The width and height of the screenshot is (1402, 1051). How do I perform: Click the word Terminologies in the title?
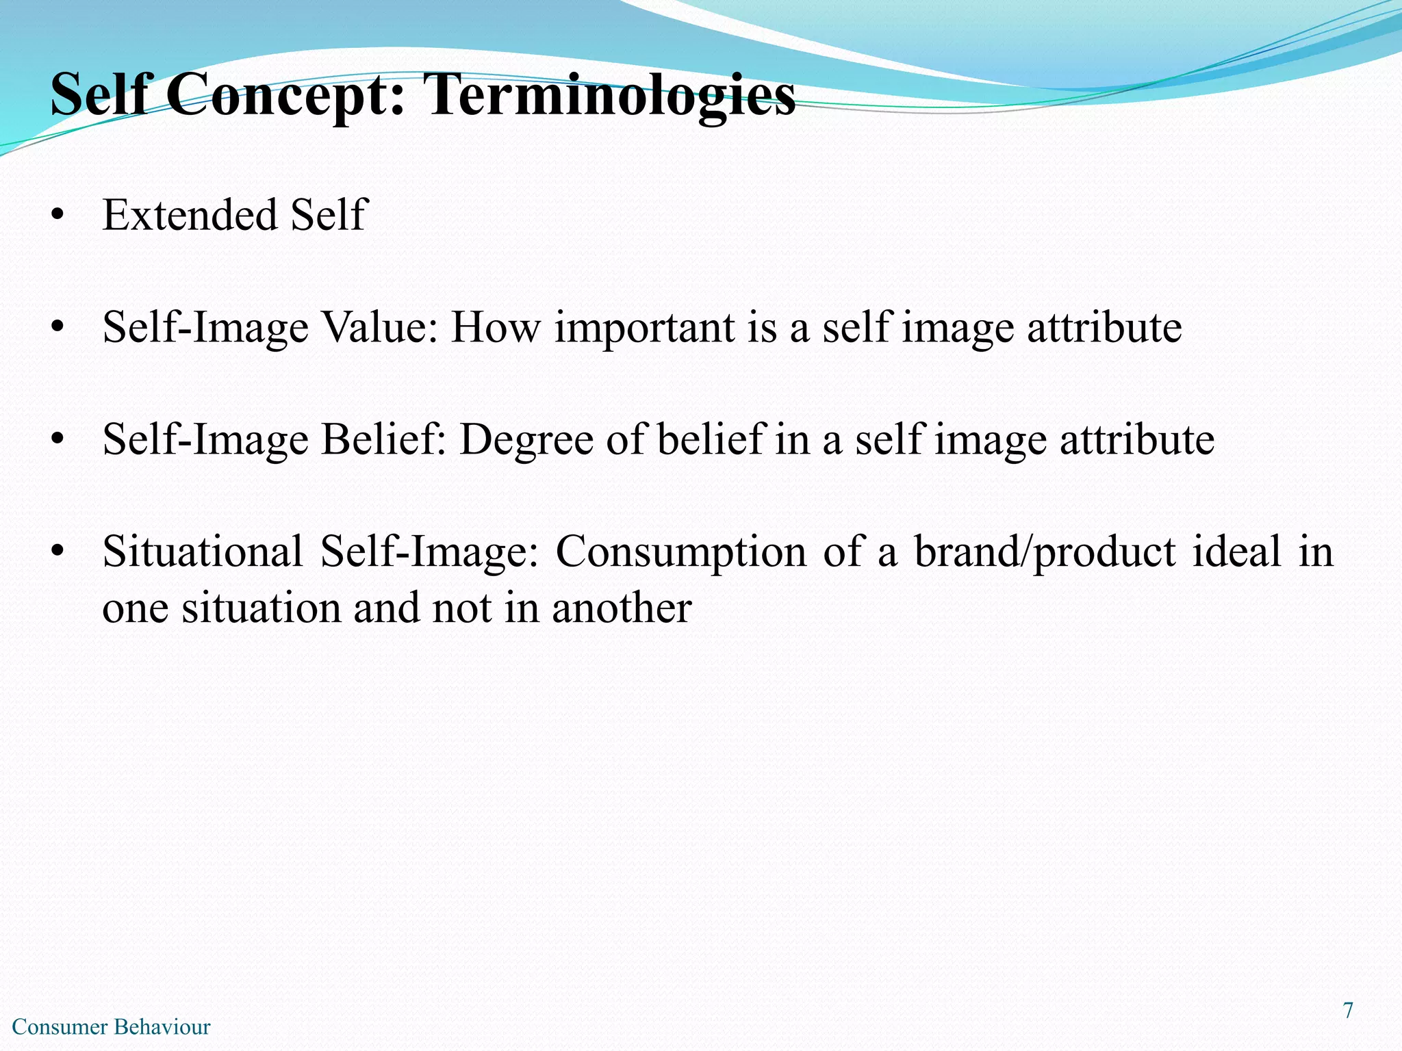[x=609, y=96]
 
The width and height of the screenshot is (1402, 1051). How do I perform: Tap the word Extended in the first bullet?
[x=190, y=215]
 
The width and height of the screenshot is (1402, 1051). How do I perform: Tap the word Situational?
[x=203, y=552]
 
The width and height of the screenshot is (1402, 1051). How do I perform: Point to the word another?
[x=622, y=608]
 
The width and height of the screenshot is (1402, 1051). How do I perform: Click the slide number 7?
[x=1348, y=1011]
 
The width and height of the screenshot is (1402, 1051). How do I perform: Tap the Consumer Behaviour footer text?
[x=112, y=1027]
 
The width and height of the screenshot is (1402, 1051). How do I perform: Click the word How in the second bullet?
[x=495, y=327]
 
